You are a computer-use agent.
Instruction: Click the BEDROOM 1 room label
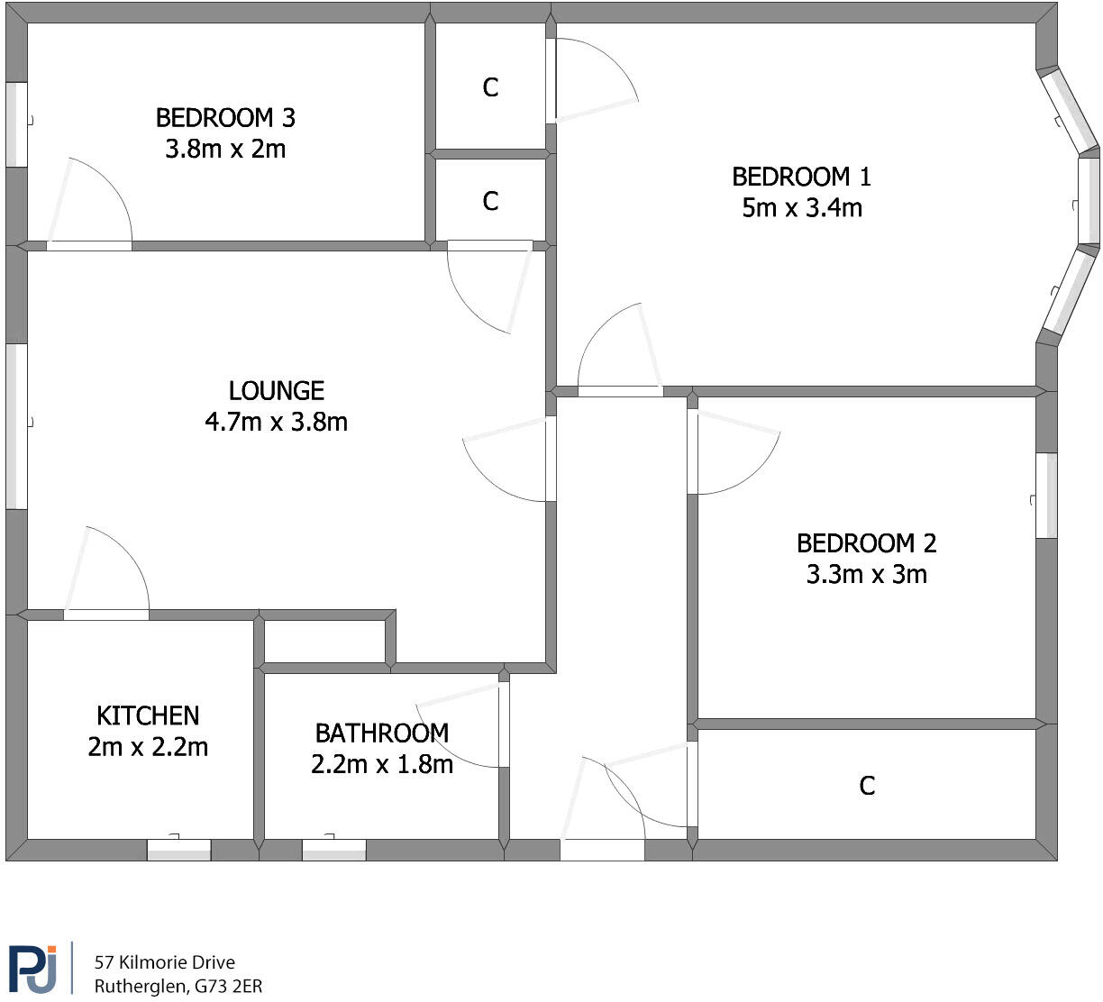801,177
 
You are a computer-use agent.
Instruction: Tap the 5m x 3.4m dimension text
801,208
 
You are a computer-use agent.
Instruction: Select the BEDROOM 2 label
866,543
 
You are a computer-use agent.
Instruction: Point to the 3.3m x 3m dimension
866,574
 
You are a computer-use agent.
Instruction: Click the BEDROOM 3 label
225,118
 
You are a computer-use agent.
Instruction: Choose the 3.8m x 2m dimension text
225,149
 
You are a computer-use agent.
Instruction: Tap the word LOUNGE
276,391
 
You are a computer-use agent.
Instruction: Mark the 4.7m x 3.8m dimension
276,422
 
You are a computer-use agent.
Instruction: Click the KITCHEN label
148,716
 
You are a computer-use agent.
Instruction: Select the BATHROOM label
381,733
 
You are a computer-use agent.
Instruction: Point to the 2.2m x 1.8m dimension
381,765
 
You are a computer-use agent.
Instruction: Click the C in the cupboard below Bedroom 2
867,787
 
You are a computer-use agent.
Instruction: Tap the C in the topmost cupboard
490,87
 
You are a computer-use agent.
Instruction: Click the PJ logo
33,969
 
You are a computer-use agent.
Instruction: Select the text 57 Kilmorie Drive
164,962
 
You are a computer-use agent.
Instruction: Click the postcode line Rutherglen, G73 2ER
178,987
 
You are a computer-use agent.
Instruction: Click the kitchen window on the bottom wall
178,850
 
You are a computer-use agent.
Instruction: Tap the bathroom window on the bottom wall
333,850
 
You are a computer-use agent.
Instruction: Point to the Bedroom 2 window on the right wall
1046,496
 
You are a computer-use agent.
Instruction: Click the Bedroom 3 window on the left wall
16,124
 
